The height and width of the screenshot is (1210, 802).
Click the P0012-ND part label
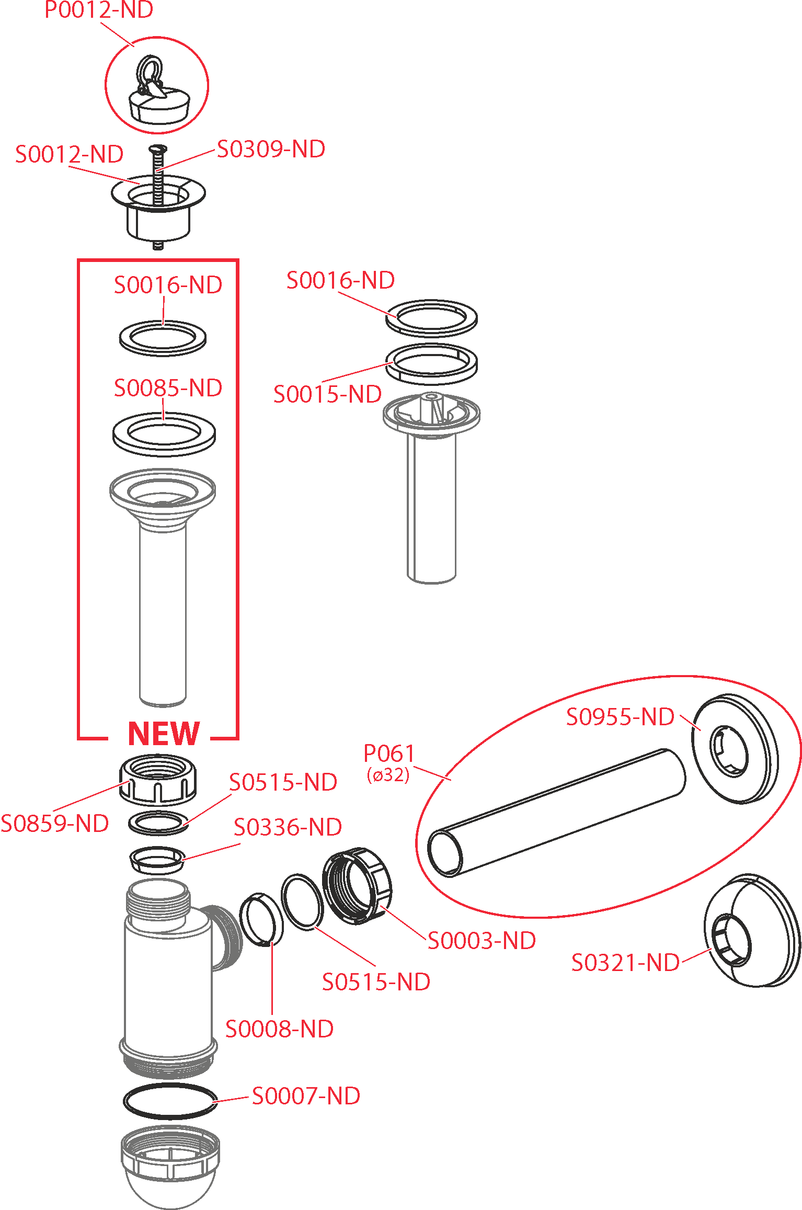[x=99, y=10]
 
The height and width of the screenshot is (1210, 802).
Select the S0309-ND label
[x=271, y=150]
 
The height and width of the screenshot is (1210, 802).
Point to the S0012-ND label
[x=70, y=154]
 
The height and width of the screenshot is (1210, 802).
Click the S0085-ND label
[x=168, y=388]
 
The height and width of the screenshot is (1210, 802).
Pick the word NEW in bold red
[x=164, y=734]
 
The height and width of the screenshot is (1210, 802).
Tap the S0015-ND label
[x=327, y=394]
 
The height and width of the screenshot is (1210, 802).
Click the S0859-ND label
[x=55, y=824]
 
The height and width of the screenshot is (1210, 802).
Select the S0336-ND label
[x=288, y=827]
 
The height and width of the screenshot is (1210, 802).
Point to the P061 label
[x=389, y=754]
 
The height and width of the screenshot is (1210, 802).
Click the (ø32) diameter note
[x=388, y=775]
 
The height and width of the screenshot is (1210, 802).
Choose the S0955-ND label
[x=620, y=717]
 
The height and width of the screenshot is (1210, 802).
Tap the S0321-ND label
[x=625, y=963]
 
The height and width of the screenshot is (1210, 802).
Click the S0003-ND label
[x=482, y=941]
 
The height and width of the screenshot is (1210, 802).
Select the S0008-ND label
[x=279, y=1029]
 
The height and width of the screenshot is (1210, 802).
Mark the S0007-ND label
[x=306, y=1096]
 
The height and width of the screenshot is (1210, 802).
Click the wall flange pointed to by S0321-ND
[x=753, y=931]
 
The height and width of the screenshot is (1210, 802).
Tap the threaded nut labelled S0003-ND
[x=357, y=886]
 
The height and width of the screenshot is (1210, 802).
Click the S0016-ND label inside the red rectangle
[x=168, y=285]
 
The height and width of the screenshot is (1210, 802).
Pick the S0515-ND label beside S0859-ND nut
[x=283, y=782]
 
